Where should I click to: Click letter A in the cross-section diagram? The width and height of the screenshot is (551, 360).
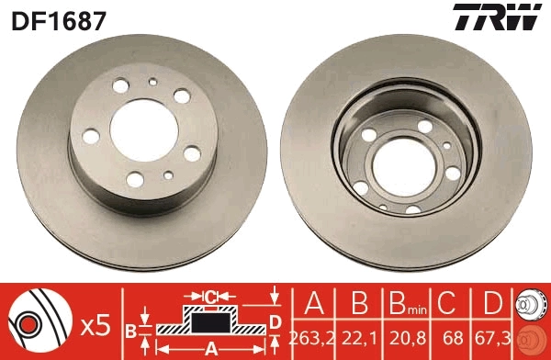click(x=211, y=348)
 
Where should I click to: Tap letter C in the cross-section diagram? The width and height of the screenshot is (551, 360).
click(x=210, y=297)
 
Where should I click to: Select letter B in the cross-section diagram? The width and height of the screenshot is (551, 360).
click(x=130, y=329)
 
